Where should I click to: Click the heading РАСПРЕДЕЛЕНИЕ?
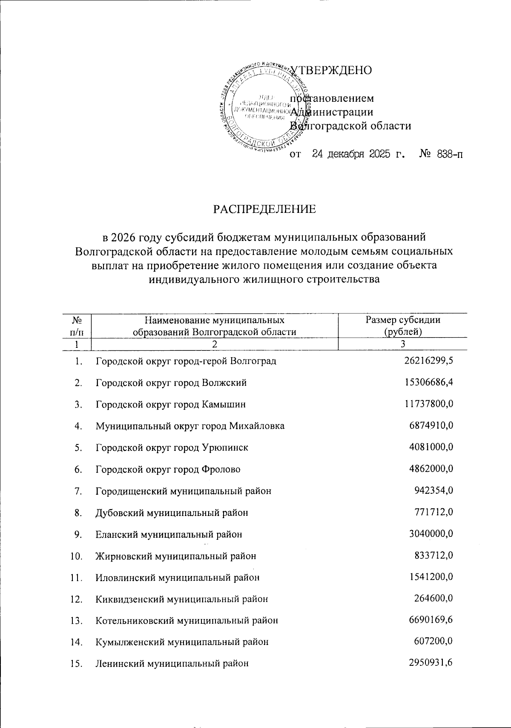(264, 209)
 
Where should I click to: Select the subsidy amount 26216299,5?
(428, 361)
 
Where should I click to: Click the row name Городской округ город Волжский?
(171, 383)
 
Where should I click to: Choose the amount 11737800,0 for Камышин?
(428, 404)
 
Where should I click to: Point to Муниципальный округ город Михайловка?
(190, 426)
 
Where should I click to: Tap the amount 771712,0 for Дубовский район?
(433, 512)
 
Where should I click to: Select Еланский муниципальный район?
(169, 534)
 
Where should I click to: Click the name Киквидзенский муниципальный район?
(182, 599)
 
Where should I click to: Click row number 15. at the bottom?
(76, 664)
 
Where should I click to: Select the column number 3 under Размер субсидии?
(403, 344)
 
